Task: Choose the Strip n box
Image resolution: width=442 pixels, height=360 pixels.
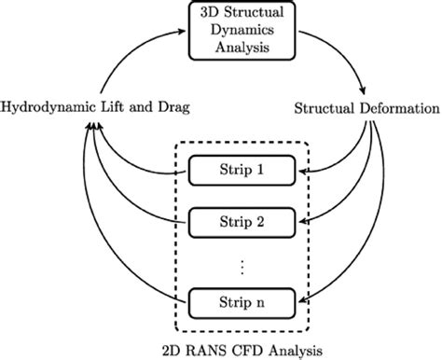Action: pos(242,300)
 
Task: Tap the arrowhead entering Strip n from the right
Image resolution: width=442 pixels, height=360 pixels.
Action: pos(304,300)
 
